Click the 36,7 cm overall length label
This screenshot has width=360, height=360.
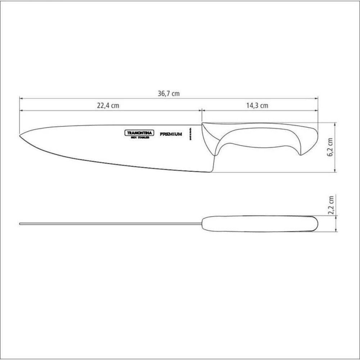point(168,94)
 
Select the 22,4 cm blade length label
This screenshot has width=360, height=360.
point(108,105)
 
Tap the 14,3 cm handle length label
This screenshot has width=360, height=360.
point(257,105)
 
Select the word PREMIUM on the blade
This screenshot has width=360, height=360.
point(171,134)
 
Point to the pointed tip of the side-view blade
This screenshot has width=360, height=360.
point(20,136)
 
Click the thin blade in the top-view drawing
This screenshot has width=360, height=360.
point(108,224)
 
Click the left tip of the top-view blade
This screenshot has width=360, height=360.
point(20,224)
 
